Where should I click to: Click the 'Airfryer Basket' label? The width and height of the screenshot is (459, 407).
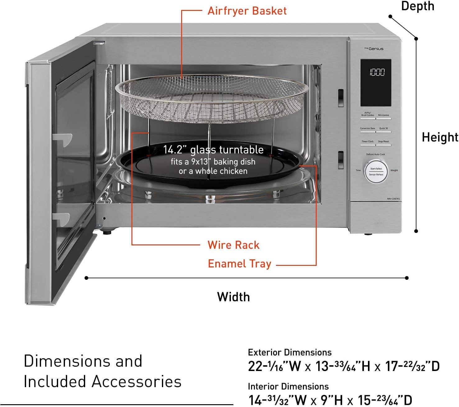pos(247,11)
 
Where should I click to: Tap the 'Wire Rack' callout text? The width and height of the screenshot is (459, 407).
pos(233,245)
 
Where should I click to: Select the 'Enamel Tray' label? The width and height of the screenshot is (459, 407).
pos(240,264)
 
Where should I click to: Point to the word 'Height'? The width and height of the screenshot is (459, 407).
pos(440,137)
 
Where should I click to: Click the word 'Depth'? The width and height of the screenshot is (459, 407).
pos(417,6)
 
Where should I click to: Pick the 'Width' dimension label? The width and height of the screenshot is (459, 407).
pos(233,297)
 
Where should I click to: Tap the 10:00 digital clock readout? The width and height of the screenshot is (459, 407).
pos(377,73)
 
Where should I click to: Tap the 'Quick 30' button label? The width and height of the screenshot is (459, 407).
pos(383,128)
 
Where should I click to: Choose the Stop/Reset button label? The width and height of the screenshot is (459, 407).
pos(383,141)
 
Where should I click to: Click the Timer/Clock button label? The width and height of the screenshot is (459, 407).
pos(367,141)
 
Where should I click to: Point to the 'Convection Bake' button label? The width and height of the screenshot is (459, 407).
pos(367,128)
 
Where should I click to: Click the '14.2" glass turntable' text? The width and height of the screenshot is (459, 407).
pos(213,150)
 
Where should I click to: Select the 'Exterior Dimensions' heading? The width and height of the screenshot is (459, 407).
pos(290,352)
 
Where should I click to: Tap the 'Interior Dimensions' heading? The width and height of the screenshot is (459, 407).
pos(288,387)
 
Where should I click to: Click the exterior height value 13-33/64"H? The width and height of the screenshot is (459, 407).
pos(343,366)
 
